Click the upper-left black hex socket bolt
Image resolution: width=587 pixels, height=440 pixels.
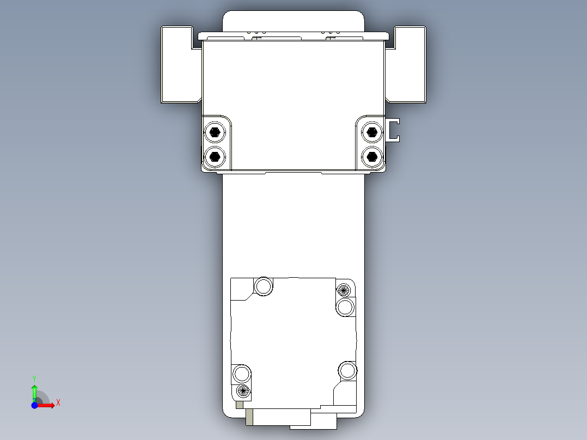215,132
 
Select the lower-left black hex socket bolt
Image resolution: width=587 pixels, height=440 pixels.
215,157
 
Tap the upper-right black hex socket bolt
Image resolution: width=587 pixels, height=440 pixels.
372,132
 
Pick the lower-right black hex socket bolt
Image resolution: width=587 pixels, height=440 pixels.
372,157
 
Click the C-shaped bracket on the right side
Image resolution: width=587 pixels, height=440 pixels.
393,130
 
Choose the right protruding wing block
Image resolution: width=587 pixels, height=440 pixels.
410,64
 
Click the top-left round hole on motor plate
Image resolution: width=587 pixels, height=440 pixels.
264,286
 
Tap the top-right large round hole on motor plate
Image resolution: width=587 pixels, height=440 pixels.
345,307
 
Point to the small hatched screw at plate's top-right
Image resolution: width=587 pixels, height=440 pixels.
343,289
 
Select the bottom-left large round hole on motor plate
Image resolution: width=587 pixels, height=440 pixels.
242,374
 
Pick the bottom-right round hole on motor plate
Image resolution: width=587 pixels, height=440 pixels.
347,370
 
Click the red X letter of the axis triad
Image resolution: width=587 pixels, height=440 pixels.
58,403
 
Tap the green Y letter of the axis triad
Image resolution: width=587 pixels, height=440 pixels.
34,377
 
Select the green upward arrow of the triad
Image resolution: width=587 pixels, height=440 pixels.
34,390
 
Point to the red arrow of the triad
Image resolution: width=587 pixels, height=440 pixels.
47,405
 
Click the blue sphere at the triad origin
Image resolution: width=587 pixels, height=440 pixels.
34,405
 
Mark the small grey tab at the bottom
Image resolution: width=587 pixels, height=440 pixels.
249,417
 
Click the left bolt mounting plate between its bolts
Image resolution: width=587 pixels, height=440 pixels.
216,144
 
